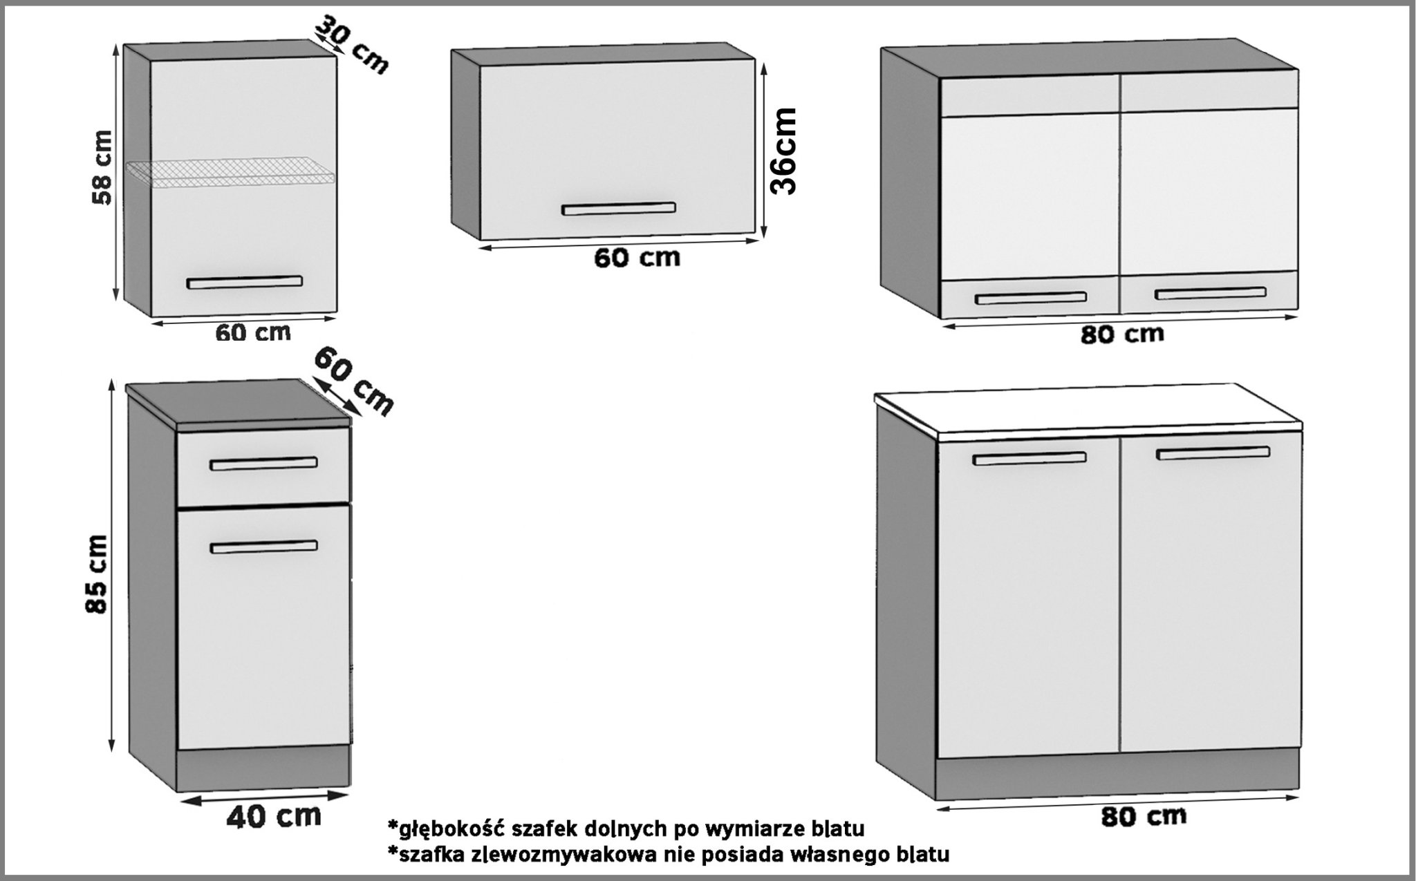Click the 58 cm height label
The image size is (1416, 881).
coord(103,167)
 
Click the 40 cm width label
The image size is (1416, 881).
coord(274,815)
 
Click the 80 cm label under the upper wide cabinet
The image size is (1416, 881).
coord(1122,334)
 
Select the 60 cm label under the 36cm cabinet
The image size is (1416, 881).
coord(637,258)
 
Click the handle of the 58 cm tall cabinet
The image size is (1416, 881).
coord(244,282)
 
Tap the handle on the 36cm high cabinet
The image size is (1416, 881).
coord(618,208)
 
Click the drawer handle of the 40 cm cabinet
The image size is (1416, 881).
coord(263,464)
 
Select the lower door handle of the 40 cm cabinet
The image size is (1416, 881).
coord(263,547)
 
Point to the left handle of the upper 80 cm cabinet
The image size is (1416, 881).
coord(1030,299)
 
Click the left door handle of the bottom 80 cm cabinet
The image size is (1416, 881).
coord(1029,458)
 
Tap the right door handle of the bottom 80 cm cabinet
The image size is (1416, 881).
coord(1213,453)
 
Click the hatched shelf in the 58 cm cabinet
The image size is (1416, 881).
coord(231,173)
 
